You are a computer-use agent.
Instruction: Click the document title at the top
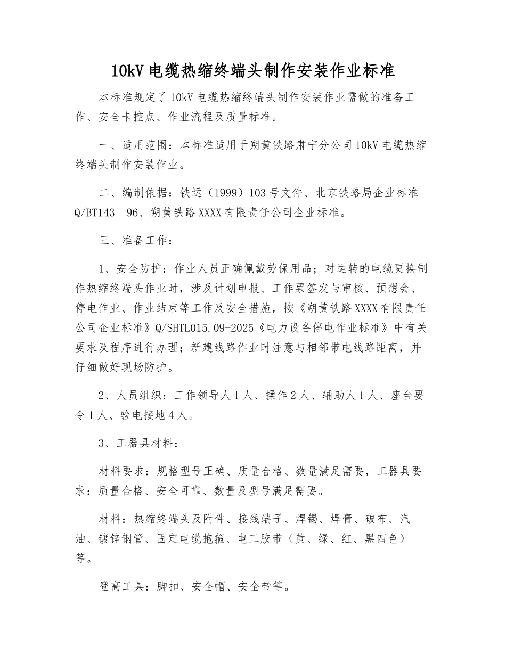253,71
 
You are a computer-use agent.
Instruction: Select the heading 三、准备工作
135,241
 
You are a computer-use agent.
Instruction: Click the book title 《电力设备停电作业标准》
329,326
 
